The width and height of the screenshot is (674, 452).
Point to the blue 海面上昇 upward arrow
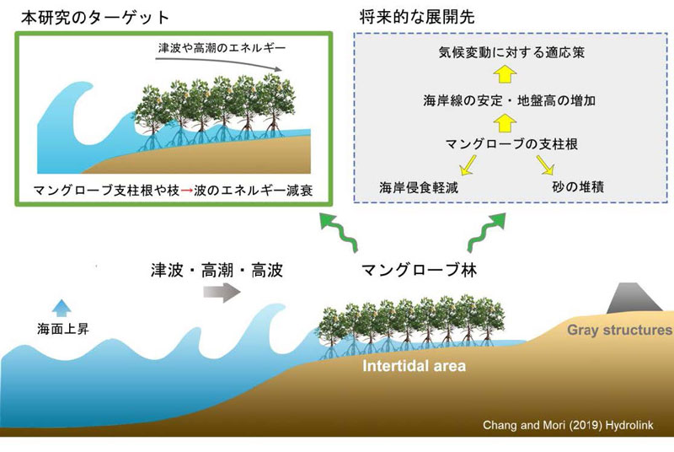pos(59,306)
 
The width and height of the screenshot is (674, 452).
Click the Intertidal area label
pos(414,367)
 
